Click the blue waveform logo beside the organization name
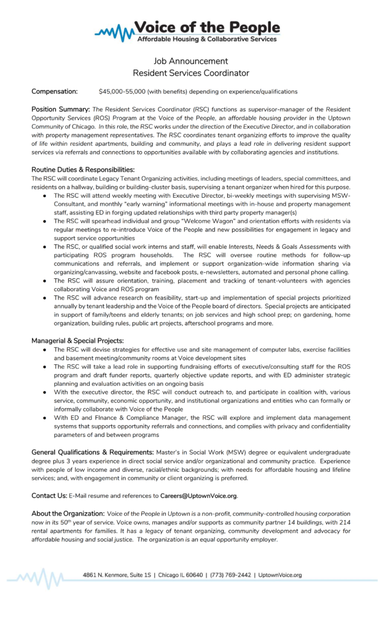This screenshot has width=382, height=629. pos(117,32)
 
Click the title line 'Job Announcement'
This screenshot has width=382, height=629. pos(190,61)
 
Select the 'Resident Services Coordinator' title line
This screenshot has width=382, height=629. pos(190,73)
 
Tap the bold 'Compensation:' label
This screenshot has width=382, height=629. pos(55,92)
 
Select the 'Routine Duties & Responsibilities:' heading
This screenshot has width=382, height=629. pos(83,169)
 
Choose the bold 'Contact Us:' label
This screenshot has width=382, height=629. pos(49,495)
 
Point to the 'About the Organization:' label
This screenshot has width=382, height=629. pos(68,513)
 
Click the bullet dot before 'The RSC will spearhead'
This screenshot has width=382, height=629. pos(45,220)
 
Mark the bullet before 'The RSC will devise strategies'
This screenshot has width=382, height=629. pos(45,348)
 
